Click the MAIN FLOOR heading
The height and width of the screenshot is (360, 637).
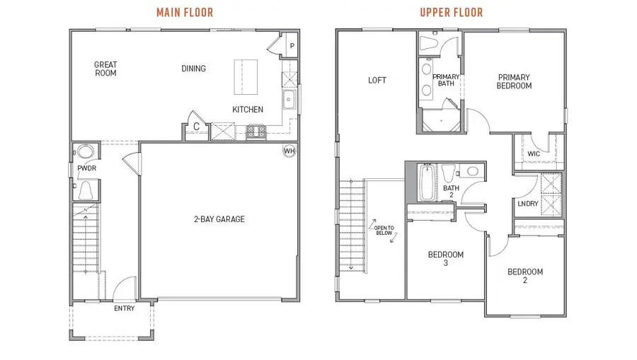coord(183,12)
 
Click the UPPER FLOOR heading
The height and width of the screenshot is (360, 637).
coord(451,12)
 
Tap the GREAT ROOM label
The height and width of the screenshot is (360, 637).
coord(105,69)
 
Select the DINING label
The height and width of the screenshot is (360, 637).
coord(193,69)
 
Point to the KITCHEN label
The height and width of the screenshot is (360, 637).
coord(248,110)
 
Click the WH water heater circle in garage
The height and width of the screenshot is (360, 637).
coord(289,151)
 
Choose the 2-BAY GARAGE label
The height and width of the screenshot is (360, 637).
coord(219,219)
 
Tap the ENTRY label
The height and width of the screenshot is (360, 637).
coord(124,308)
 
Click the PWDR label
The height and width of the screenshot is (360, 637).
coord(86,169)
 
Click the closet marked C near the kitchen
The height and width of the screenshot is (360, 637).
coord(196,127)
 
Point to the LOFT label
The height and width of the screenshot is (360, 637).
coord(377,80)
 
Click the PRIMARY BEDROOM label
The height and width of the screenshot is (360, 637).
coord(514,81)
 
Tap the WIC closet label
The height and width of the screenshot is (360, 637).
coord(535,153)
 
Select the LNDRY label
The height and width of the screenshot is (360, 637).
coord(528,204)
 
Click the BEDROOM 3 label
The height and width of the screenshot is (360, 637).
coord(445,259)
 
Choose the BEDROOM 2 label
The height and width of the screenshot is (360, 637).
coord(524,276)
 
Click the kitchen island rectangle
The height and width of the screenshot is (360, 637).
coord(248,76)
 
